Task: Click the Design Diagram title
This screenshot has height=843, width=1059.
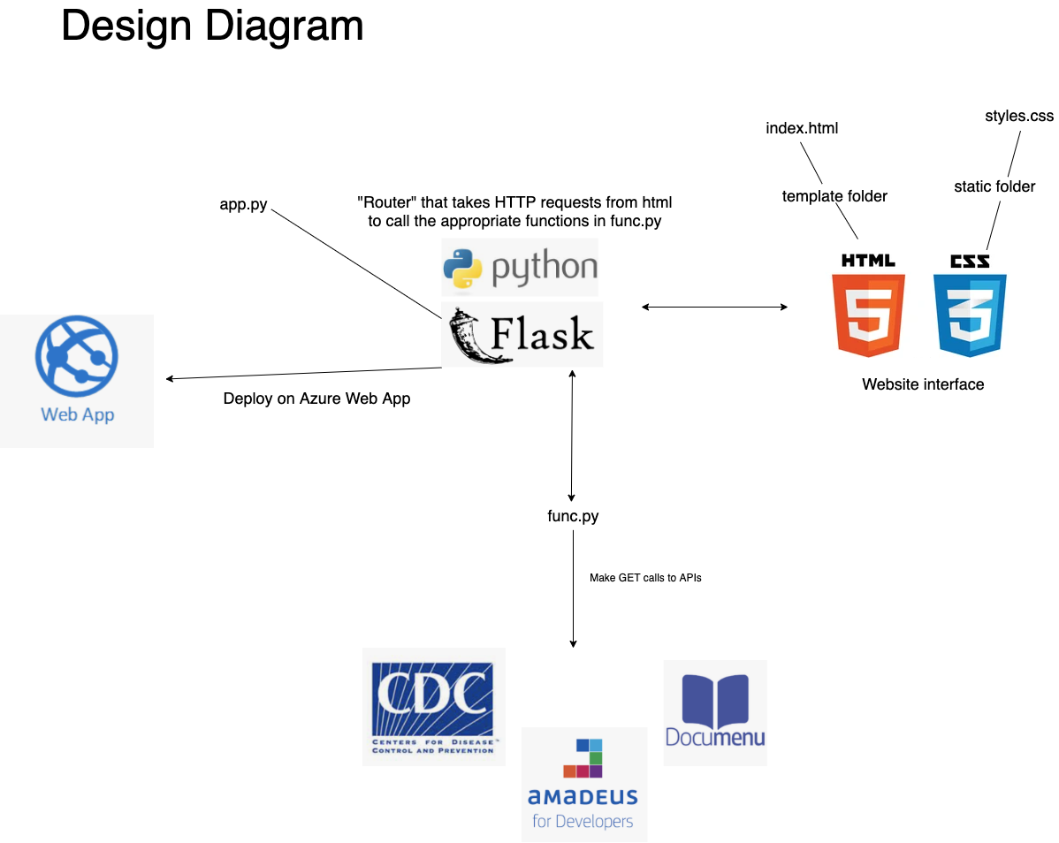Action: (212, 26)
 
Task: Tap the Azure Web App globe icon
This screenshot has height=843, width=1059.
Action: (77, 356)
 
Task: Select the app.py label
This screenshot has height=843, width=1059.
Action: (243, 204)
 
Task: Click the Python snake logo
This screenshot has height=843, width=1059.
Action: (462, 268)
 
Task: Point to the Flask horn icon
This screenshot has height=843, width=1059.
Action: (473, 336)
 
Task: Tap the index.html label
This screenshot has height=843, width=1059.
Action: (802, 128)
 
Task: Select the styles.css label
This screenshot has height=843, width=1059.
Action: (1019, 116)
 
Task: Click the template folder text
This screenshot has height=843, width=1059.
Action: (834, 196)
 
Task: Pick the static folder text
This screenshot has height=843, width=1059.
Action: (994, 186)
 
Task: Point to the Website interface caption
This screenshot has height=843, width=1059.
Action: (923, 384)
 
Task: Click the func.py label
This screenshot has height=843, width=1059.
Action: (573, 516)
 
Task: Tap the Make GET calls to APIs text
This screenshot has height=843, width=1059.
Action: (645, 578)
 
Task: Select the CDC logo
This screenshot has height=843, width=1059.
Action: (433, 707)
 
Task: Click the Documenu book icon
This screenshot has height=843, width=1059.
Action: (715, 699)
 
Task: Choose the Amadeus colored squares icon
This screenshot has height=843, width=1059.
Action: (583, 758)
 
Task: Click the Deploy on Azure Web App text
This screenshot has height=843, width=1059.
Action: (316, 399)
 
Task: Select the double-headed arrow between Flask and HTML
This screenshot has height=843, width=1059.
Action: (714, 308)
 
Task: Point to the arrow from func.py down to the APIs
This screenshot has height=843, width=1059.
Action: (573, 589)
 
